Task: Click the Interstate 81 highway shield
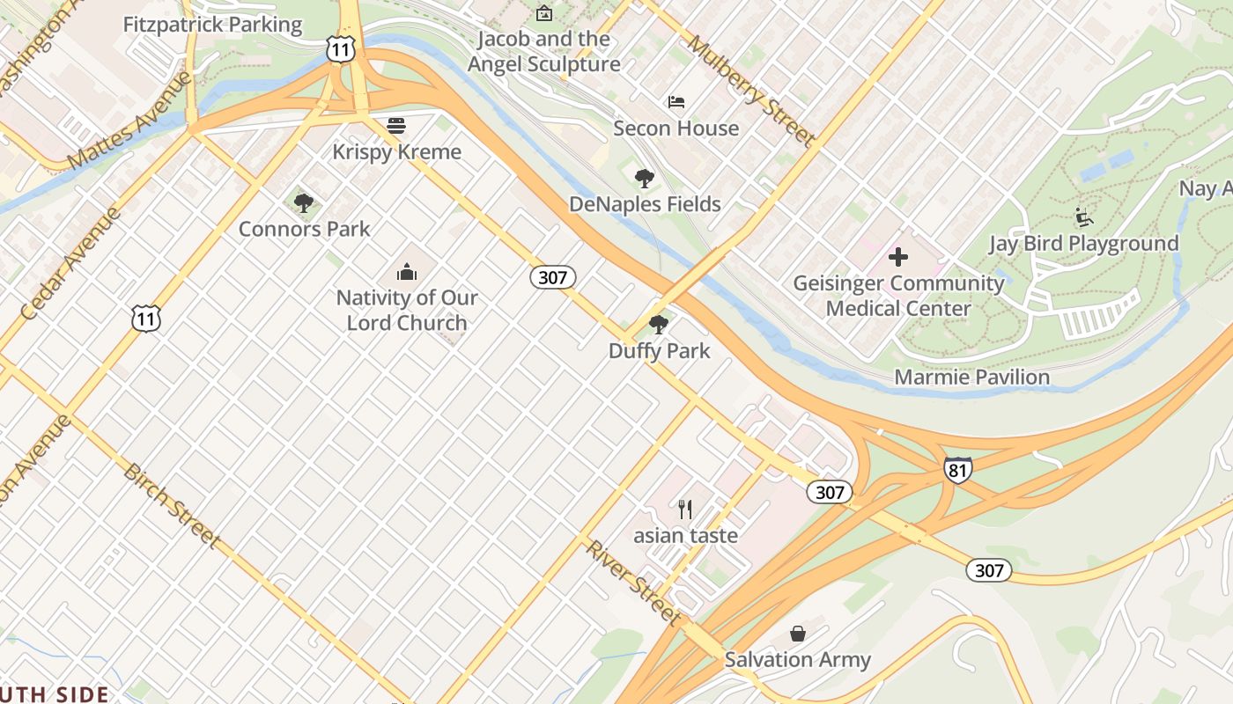957,470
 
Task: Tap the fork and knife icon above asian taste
685,509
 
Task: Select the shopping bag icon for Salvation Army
797,634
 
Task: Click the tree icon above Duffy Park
658,325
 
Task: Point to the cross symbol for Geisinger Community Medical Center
898,257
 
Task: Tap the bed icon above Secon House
676,102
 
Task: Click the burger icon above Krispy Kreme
396,126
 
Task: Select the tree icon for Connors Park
304,203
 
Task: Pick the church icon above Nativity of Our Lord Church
407,271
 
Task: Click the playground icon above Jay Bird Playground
1083,217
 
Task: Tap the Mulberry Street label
750,91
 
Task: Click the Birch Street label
172,504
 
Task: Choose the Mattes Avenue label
129,121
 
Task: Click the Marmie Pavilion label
971,378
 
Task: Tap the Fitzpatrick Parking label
212,25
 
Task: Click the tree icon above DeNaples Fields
645,179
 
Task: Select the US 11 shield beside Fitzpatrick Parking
340,49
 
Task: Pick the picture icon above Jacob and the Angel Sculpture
544,13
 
